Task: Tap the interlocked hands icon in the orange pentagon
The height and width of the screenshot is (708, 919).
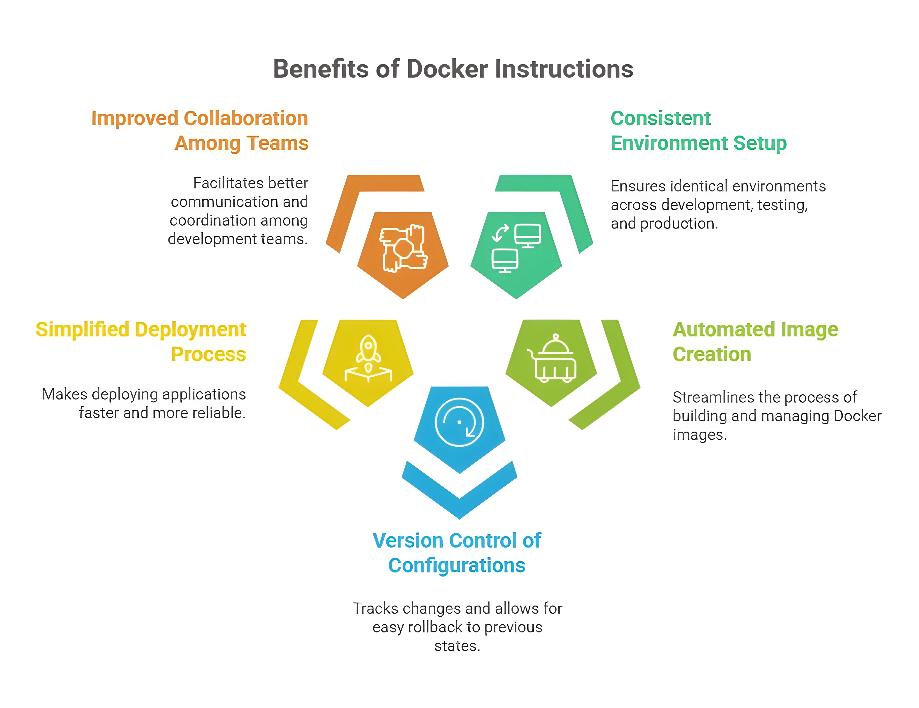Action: [x=403, y=248]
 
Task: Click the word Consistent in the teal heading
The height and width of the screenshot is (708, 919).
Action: [x=660, y=118]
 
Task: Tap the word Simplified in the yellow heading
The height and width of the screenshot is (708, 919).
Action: [x=82, y=330]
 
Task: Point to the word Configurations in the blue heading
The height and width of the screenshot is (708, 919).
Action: [x=457, y=565]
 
